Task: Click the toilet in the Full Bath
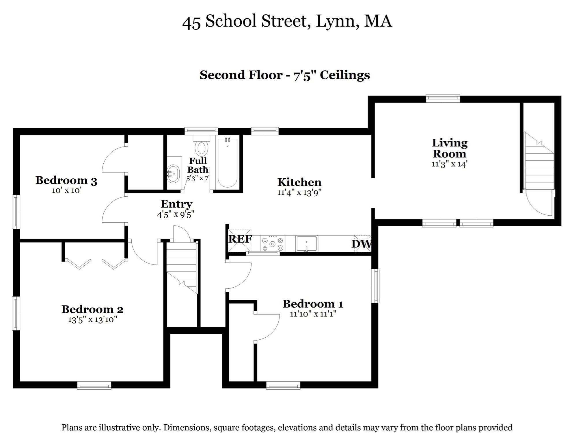pos(202,146)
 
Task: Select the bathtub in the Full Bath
pos(228,163)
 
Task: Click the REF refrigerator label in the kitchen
pos(240,239)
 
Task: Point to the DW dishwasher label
pos(361,244)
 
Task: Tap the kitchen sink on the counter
pos(307,244)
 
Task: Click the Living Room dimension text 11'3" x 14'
pos(449,164)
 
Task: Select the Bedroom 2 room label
pos(92,309)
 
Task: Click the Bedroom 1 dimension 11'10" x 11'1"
pos(313,314)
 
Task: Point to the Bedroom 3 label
pos(66,180)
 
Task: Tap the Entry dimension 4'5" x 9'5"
pos(176,214)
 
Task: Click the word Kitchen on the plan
pos(299,182)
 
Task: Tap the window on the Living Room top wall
pos(443,99)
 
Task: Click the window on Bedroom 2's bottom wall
pos(94,386)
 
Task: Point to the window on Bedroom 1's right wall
pos(375,286)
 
